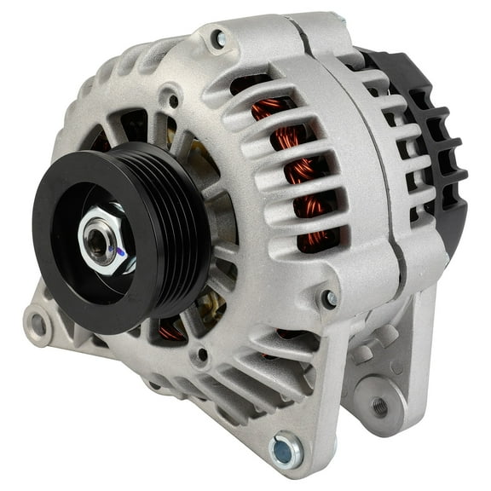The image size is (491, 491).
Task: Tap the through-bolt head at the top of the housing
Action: tap(220, 38)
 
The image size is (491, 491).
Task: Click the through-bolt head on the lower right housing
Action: tap(329, 298)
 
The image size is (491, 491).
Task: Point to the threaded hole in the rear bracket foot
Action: tap(379, 407)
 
